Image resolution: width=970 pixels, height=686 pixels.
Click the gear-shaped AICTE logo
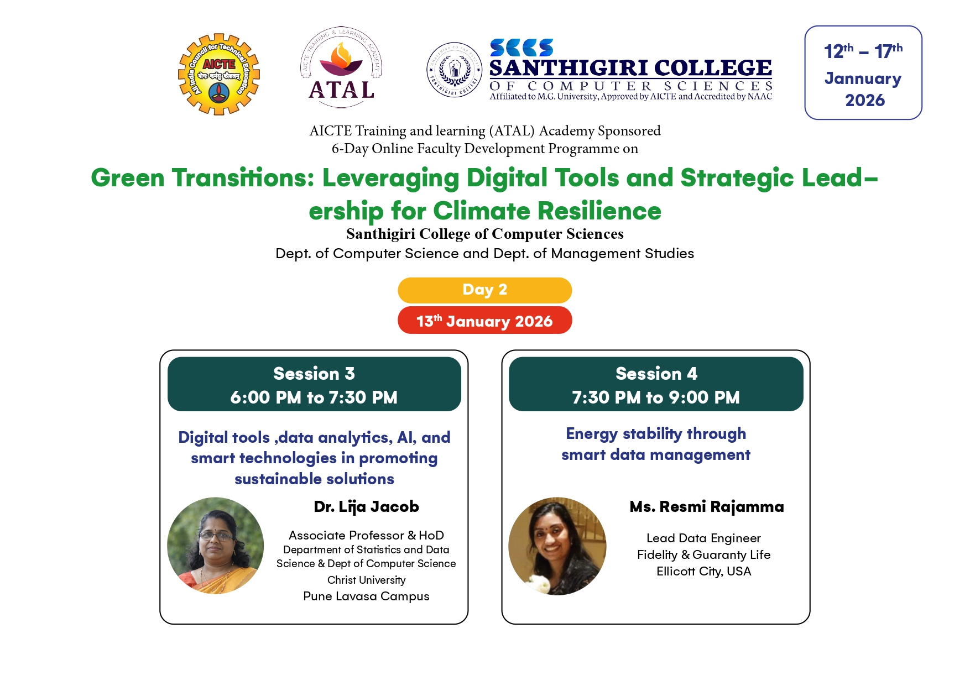point(219,74)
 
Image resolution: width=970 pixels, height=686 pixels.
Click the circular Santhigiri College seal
point(455,70)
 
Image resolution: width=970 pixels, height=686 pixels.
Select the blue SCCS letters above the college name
point(521,48)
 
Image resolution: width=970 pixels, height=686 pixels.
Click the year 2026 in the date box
point(865,101)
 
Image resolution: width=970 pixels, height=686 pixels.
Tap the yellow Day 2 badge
point(485,290)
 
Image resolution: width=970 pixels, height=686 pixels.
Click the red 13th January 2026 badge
point(485,321)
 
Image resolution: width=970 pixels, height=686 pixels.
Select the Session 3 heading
point(314,374)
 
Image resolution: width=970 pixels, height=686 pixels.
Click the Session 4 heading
point(656,374)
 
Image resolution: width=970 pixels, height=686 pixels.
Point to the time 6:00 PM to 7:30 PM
point(314,397)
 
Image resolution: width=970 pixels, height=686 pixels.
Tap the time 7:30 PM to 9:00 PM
point(656,397)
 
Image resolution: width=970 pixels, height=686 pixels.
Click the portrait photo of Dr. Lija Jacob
point(216,546)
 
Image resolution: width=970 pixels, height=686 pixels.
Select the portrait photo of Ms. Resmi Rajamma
point(557,546)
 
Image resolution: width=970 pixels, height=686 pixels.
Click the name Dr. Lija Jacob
point(366,507)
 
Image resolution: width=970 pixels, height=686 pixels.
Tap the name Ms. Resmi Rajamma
point(707,507)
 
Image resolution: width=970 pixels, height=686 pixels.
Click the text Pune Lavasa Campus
point(366,596)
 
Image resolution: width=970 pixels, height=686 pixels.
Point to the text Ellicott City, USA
point(704,572)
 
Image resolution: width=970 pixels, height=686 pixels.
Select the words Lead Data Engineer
point(704,538)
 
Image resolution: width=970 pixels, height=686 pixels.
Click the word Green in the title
point(128,178)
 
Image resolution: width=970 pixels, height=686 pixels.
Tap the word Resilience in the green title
point(599,211)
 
